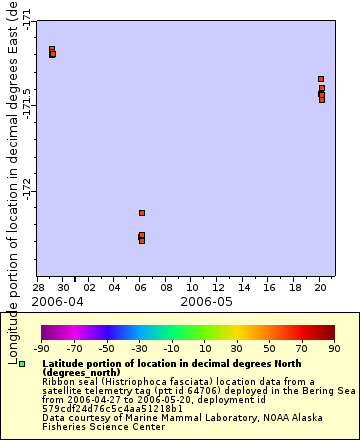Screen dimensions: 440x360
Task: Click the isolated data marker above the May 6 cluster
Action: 142,213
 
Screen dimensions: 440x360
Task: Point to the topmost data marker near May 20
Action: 321,78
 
